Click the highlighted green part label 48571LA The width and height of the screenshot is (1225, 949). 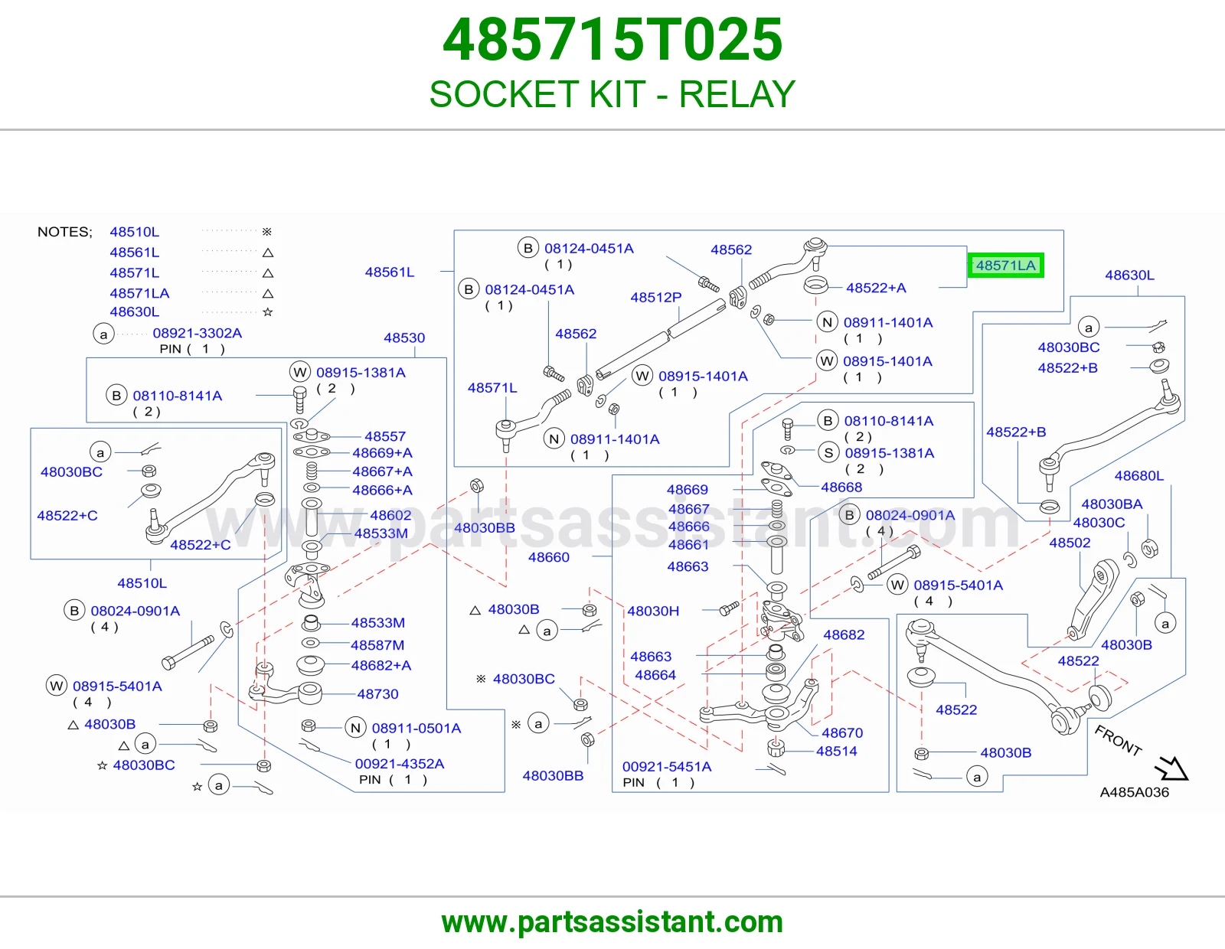click(x=1006, y=266)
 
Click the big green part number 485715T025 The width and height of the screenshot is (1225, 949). click(x=612, y=40)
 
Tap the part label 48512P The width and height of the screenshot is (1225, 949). click(x=655, y=297)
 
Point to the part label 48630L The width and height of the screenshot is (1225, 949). click(x=1129, y=275)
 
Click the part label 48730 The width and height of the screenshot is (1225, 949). click(x=377, y=693)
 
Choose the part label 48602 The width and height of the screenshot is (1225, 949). click(x=390, y=515)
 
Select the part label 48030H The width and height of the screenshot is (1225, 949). click(x=653, y=611)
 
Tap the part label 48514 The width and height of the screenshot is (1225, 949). click(x=837, y=751)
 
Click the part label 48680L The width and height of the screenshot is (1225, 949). click(x=1138, y=475)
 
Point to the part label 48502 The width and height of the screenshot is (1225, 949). click(x=1070, y=543)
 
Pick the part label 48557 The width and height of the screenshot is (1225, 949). click(x=385, y=436)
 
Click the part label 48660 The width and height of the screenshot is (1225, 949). click(x=548, y=557)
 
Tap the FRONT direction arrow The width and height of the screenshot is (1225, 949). click(x=1171, y=768)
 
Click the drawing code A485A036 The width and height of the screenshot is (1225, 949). click(x=1134, y=792)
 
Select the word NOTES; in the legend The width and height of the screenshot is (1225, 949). click(x=65, y=232)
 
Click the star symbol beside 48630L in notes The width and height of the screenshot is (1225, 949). click(x=268, y=311)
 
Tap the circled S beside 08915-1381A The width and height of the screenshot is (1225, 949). click(x=828, y=452)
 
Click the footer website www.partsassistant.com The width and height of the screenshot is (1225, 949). click(x=612, y=922)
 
